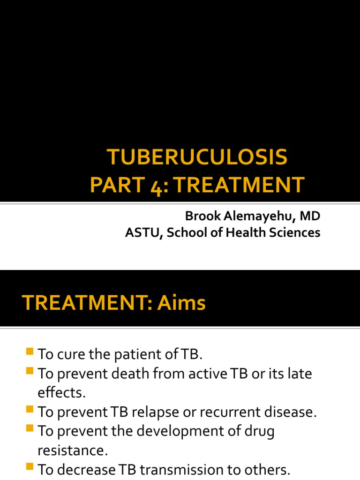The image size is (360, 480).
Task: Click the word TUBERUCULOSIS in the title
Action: pyautogui.click(x=197, y=158)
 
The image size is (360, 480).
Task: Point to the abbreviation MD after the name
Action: pyautogui.click(x=310, y=216)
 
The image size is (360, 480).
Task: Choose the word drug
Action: pyautogui.click(x=258, y=431)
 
